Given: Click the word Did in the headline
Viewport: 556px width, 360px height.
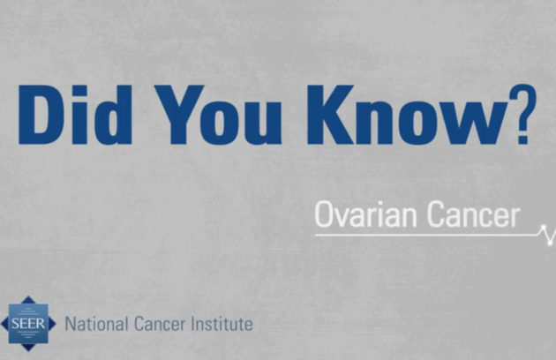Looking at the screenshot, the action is click(x=75, y=115).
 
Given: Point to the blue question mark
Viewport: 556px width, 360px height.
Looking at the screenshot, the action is click(x=523, y=114).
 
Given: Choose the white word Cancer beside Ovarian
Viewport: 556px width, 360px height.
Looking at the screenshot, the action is click(x=473, y=214).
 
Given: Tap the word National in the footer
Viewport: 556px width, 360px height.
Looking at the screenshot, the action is click(x=96, y=324).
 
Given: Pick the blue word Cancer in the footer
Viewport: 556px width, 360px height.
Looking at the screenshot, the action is click(x=160, y=324).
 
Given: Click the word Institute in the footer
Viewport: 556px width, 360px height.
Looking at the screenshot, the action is click(x=222, y=324).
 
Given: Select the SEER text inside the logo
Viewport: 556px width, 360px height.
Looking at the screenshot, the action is click(x=28, y=324).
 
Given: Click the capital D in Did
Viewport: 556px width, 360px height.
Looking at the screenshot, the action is click(x=41, y=115).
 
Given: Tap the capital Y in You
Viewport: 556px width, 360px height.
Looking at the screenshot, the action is click(x=180, y=115).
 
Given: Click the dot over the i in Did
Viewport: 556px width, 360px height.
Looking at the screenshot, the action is click(x=79, y=91).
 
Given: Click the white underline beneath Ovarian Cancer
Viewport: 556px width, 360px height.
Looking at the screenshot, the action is click(x=426, y=235).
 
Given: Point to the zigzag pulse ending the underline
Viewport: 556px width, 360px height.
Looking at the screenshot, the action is click(x=547, y=234).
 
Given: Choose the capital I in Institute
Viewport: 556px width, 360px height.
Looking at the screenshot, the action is click(x=193, y=324).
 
